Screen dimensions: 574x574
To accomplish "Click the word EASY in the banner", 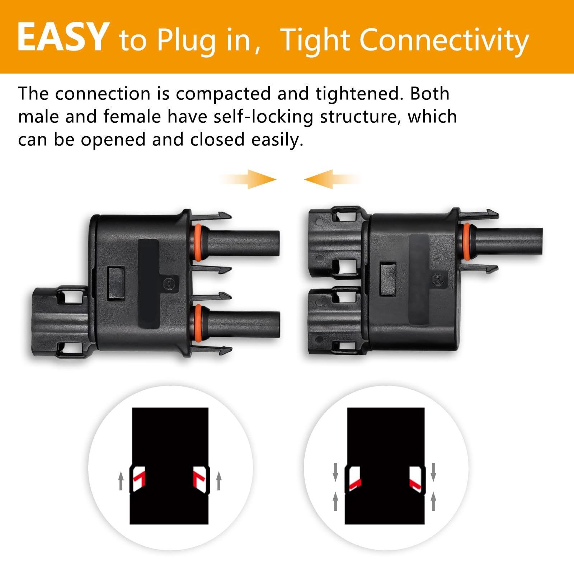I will click(63, 37).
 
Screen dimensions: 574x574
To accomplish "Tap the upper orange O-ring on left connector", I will click(197, 243).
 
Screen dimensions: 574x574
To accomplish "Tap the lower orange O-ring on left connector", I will click(197, 324).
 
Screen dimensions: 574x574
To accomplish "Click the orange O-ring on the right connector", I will click(467, 241).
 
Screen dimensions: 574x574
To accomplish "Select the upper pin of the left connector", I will click(244, 243).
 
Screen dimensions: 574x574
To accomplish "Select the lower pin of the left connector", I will click(244, 324).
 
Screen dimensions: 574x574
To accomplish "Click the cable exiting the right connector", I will click(509, 241).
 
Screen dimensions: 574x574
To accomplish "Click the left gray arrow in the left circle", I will click(121, 481).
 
